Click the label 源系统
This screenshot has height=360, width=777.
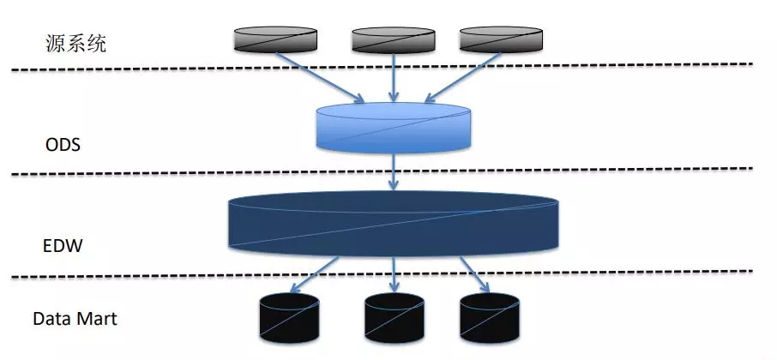(x=76, y=44)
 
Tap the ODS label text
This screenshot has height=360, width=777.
(x=63, y=145)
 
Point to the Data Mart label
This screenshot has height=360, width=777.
(x=75, y=320)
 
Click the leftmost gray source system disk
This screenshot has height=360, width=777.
(x=274, y=38)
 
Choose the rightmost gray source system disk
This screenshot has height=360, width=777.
(x=501, y=39)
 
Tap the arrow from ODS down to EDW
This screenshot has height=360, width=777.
(x=394, y=172)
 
